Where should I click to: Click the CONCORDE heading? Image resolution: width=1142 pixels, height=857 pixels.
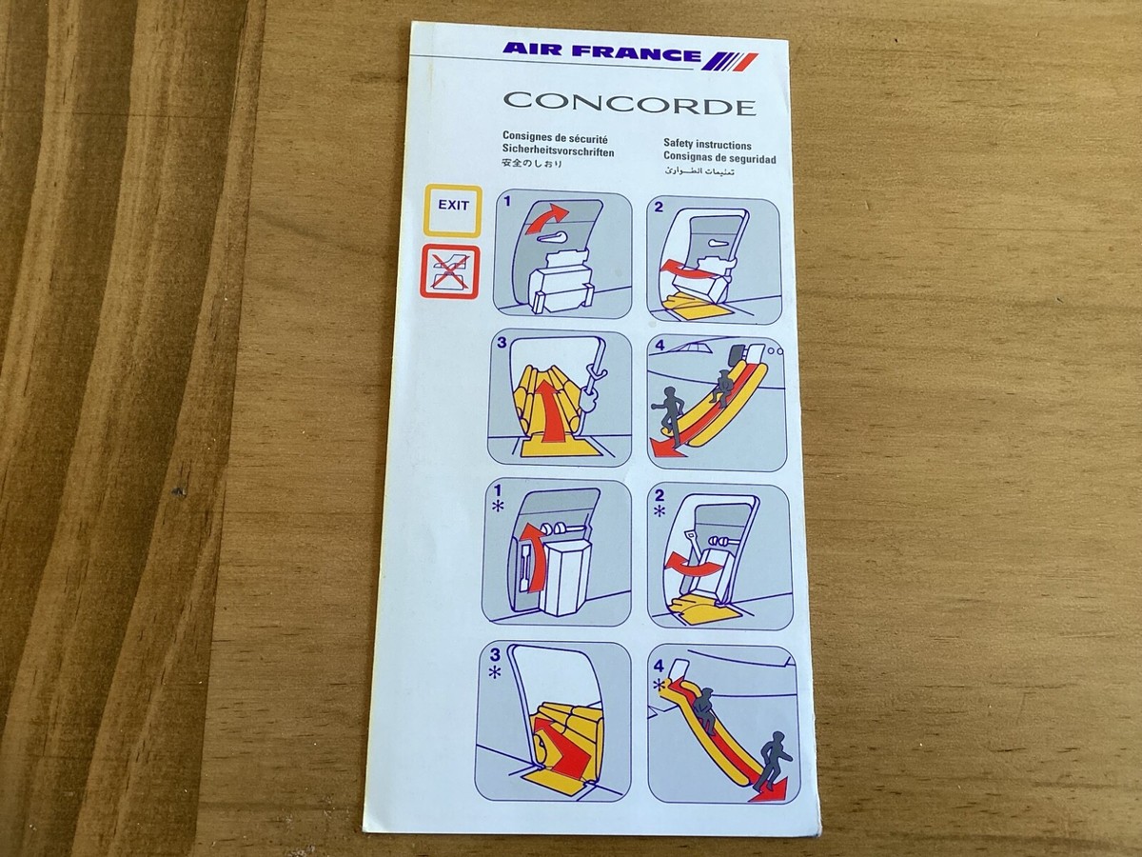[x=629, y=104]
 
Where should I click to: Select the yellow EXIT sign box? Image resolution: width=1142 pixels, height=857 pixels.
[x=453, y=209]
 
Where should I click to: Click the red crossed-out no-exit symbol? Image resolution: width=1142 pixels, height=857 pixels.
[x=452, y=272]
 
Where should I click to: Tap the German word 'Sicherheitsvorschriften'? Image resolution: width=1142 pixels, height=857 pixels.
[x=558, y=151]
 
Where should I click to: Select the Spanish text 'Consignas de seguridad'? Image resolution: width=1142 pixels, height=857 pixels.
[x=719, y=158]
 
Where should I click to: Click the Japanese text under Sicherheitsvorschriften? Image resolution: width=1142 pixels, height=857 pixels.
[x=532, y=164]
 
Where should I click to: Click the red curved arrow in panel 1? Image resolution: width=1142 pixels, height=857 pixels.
[x=552, y=221]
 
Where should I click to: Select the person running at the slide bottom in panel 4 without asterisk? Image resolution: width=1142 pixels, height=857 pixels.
[x=666, y=409]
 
